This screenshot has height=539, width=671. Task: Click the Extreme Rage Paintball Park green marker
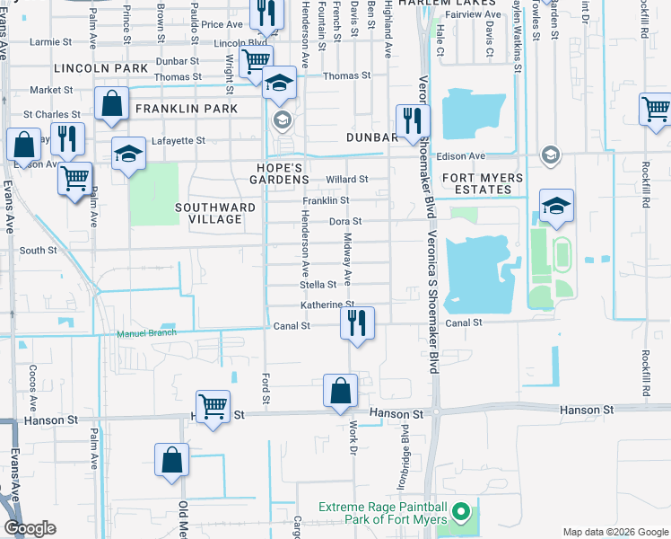click(x=462, y=514)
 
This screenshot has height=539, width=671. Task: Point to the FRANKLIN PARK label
click(x=187, y=109)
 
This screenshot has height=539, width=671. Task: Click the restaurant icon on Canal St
click(x=357, y=323)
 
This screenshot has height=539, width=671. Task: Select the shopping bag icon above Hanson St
click(x=341, y=392)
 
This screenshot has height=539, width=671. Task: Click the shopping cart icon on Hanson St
click(x=213, y=406)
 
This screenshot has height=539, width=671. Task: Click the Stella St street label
click(x=318, y=285)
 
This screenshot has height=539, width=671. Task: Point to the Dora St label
click(x=344, y=221)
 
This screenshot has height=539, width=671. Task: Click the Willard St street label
click(x=347, y=180)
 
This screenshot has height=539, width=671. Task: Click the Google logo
click(x=30, y=527)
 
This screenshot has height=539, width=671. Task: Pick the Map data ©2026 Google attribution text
click(x=614, y=532)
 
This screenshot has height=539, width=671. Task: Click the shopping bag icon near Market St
click(x=112, y=104)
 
